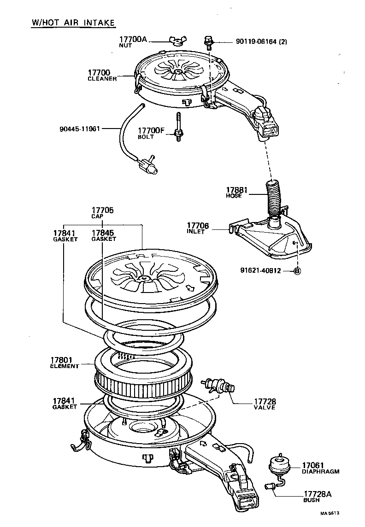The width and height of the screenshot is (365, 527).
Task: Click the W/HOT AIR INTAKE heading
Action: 73,23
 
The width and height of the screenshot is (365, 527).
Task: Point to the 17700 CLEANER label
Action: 102,75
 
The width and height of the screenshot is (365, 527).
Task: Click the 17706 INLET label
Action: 198,228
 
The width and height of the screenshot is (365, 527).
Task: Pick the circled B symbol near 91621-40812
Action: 297,271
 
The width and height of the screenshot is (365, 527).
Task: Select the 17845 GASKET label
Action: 103,235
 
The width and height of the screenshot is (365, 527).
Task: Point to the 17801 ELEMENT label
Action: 64,363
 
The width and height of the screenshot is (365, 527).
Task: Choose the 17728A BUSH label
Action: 317,496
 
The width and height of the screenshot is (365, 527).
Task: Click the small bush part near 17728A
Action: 271,485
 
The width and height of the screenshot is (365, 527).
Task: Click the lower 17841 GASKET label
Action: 64,404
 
